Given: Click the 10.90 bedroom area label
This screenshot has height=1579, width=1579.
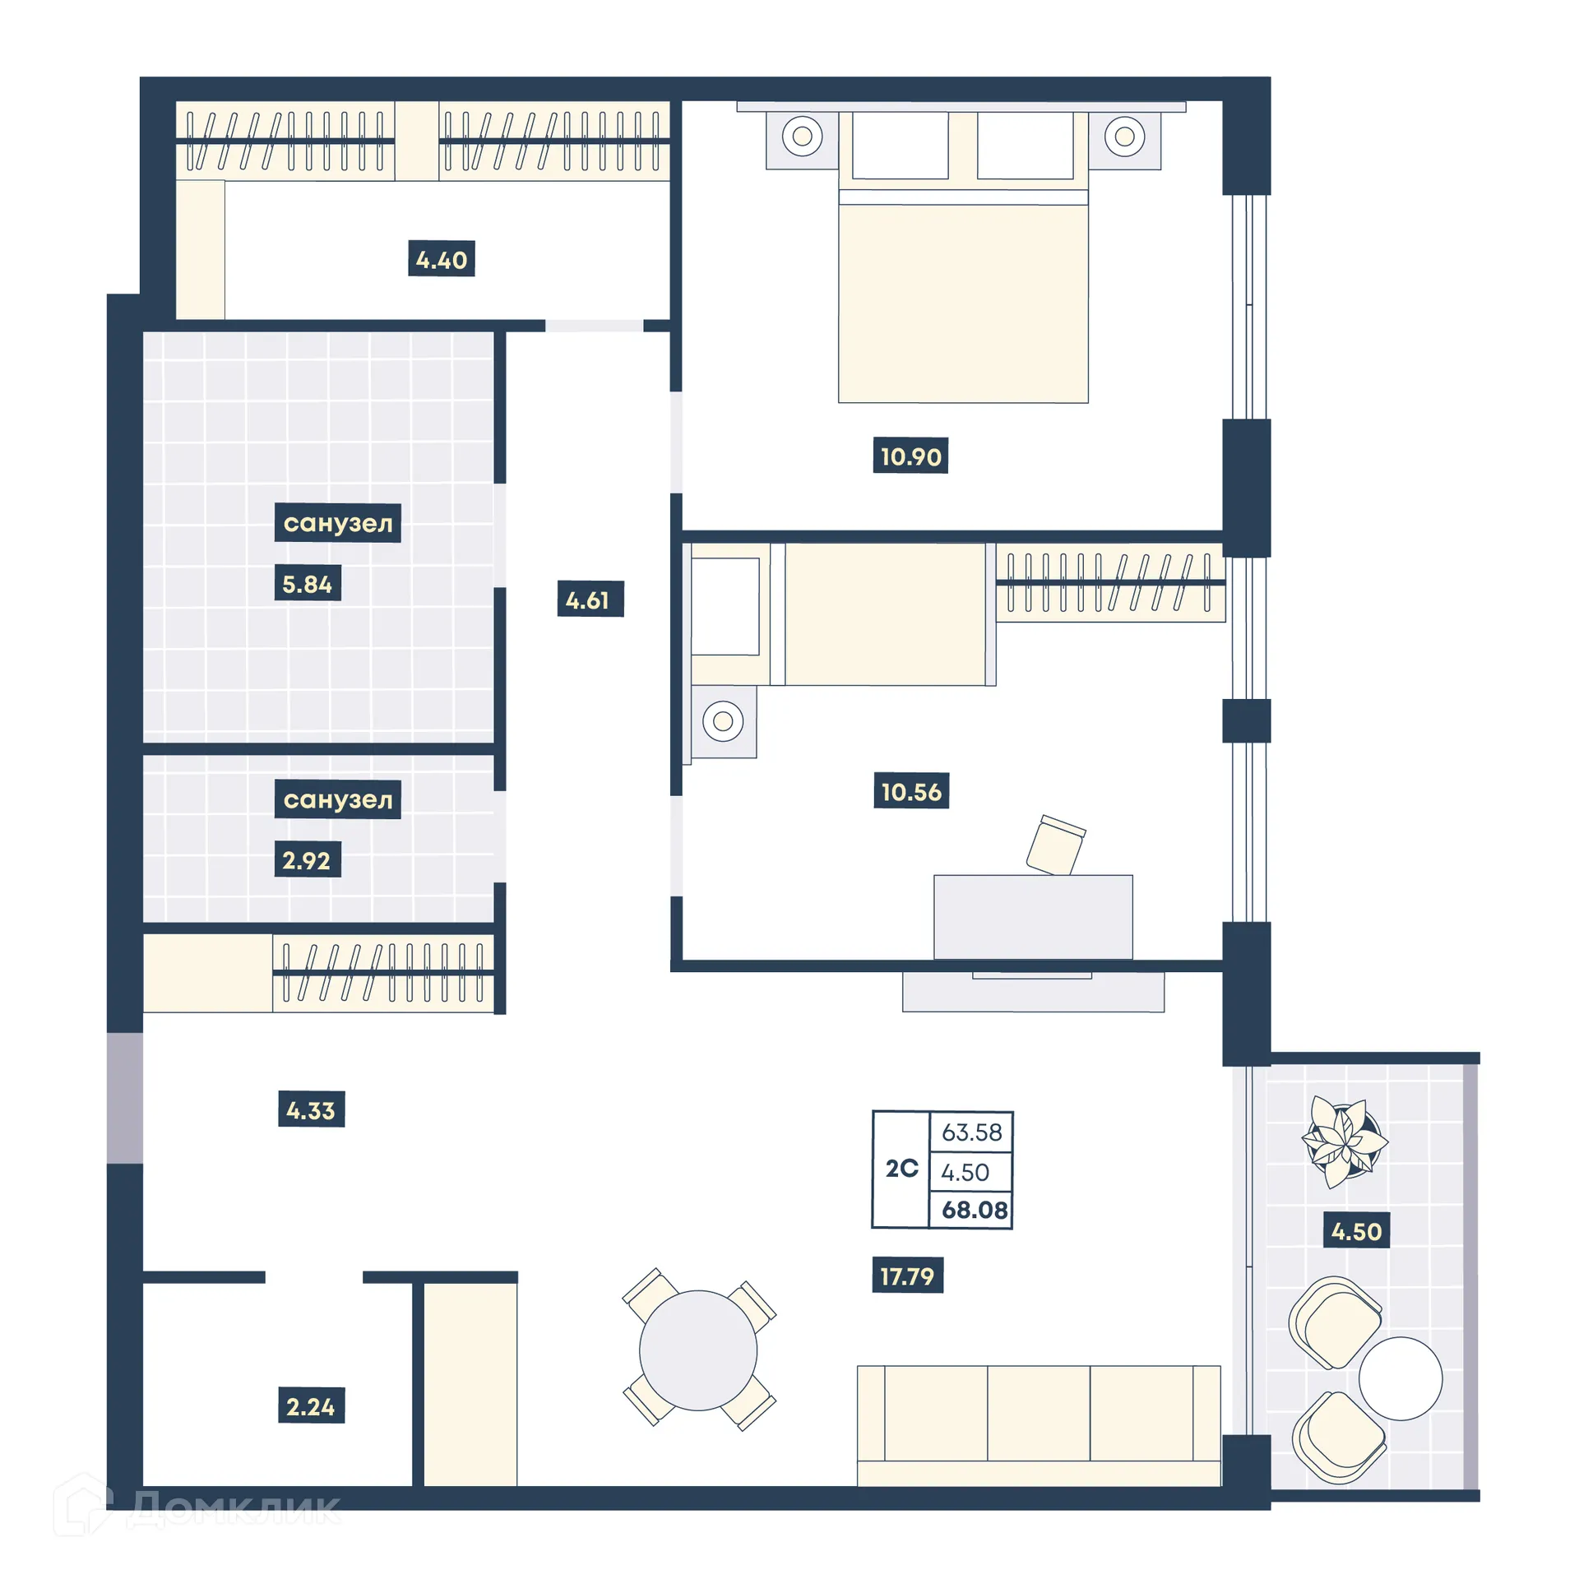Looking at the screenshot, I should pyautogui.click(x=910, y=456).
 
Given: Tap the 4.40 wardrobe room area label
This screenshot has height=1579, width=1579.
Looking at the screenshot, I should pyautogui.click(x=441, y=260).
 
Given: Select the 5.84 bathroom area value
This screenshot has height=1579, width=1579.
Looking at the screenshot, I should pyautogui.click(x=307, y=584).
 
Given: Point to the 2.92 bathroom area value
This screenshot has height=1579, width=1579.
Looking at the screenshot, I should pyautogui.click(x=307, y=860).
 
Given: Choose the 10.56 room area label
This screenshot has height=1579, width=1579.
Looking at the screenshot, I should pyautogui.click(x=910, y=791).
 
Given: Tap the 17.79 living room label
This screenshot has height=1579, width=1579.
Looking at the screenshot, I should pyautogui.click(x=907, y=1276).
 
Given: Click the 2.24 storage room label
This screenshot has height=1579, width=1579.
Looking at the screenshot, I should pyautogui.click(x=311, y=1406).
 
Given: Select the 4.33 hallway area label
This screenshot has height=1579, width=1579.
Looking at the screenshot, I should pyautogui.click(x=311, y=1110).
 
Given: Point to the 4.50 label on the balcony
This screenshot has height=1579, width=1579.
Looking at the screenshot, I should pyautogui.click(x=1355, y=1231).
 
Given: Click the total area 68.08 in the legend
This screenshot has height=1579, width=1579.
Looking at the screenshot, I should pyautogui.click(x=974, y=1210).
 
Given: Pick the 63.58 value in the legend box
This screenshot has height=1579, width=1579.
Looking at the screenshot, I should pyautogui.click(x=971, y=1132).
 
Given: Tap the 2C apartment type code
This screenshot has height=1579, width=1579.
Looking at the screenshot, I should pyautogui.click(x=901, y=1168).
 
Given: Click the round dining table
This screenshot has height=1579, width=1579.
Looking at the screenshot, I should pyautogui.click(x=698, y=1350).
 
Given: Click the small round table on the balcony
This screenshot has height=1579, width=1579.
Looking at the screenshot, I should pyautogui.click(x=1400, y=1378).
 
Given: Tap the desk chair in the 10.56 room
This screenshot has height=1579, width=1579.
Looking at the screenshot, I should pyautogui.click(x=1055, y=844).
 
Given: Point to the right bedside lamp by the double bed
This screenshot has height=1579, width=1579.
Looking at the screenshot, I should pyautogui.click(x=1124, y=136).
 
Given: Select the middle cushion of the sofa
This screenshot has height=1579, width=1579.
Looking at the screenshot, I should pyautogui.click(x=1038, y=1413).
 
